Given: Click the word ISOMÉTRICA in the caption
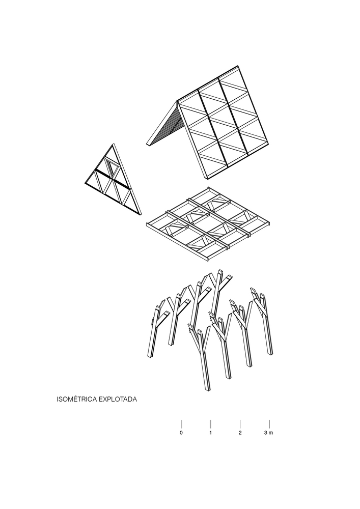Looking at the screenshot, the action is pos(76,399).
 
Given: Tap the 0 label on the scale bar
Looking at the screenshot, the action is pos(181,433).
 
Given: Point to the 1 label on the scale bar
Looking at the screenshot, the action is pos(211,433).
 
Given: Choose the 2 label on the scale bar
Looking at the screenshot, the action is pos(240,433).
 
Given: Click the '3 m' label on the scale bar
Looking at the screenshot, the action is pos(268,433).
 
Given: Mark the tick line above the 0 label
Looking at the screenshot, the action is pos(181,424).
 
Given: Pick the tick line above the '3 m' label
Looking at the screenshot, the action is pos(270,424).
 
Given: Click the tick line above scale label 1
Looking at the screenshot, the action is pos(211,424).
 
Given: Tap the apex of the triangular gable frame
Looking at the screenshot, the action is pos(113,144).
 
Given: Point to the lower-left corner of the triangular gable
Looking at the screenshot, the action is pos(85,184).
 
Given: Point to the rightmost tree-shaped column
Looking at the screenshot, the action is pos(264,321).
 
